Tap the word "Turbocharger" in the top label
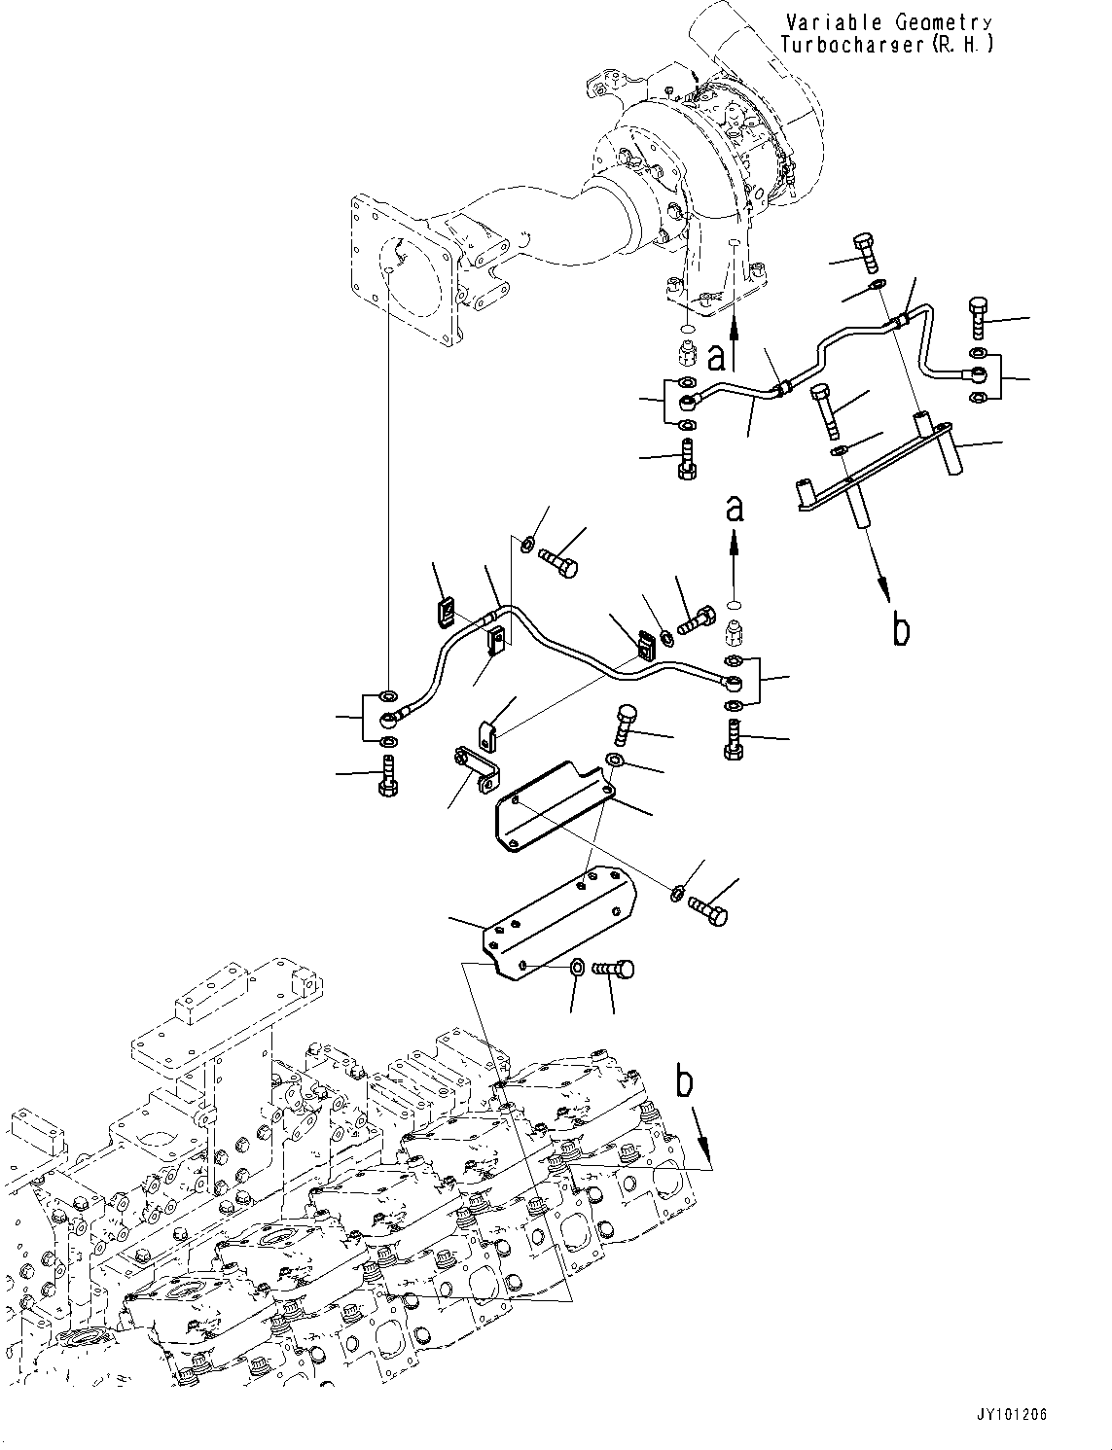(x=848, y=45)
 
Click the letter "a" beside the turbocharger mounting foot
(x=717, y=359)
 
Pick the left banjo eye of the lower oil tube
(x=388, y=720)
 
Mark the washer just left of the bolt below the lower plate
(x=576, y=967)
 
